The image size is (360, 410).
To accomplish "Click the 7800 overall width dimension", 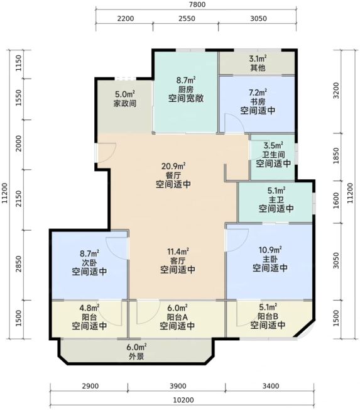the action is [198, 4].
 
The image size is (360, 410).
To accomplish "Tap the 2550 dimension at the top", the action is [187, 19].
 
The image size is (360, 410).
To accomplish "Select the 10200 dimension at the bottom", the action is [183, 400].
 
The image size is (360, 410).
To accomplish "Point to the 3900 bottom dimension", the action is [178, 386].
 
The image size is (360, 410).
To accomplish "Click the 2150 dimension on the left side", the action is [19, 199].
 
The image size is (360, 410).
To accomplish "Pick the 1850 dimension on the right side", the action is [336, 156].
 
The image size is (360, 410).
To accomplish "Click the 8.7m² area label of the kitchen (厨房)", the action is [186, 80].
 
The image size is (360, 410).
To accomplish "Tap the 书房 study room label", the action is [258, 102].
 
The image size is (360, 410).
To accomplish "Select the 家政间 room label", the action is [125, 103].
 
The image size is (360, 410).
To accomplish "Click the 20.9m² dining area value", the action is [173, 166].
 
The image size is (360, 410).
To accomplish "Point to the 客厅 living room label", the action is [178, 261].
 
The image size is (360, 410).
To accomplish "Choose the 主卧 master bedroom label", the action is [270, 259].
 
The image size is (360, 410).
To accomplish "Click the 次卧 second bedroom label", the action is [89, 262].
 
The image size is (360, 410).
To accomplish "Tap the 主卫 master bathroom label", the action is [276, 200].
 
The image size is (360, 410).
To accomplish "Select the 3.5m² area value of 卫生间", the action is [273, 145].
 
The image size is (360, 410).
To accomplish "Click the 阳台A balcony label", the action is [177, 317].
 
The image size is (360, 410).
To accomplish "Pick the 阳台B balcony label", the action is [268, 316].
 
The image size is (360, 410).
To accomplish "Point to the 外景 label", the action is [136, 356].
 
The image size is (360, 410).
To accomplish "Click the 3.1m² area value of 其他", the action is [258, 58].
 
